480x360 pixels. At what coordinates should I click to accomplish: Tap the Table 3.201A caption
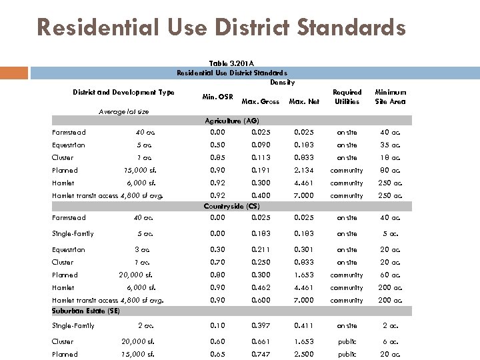tap(231, 63)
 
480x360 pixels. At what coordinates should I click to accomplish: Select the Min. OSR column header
tap(217, 97)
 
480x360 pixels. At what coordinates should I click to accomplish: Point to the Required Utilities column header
tap(347, 97)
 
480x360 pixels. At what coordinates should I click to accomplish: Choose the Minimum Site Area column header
tap(390, 97)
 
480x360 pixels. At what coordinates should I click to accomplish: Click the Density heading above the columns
tap(282, 82)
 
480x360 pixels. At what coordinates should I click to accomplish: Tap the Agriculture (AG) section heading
tap(231, 121)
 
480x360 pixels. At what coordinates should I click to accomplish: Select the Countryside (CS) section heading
tap(231, 206)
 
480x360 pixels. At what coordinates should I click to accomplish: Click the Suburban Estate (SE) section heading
tap(86, 311)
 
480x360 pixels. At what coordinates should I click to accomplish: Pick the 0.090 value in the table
tap(261, 145)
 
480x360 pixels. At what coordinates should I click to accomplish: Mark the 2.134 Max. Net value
tap(303, 170)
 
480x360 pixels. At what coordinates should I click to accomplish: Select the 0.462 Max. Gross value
tap(261, 287)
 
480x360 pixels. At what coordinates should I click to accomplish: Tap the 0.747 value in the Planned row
tap(261, 354)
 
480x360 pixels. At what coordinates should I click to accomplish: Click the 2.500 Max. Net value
tap(303, 354)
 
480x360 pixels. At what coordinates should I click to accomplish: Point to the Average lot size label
tap(123, 111)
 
